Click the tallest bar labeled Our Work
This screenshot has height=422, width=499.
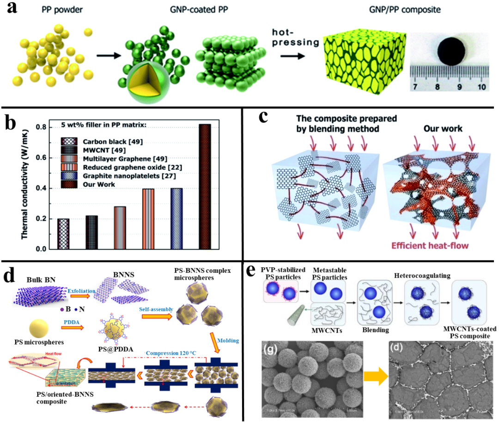(x=204, y=187)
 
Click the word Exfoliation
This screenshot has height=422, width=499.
(x=82, y=292)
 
